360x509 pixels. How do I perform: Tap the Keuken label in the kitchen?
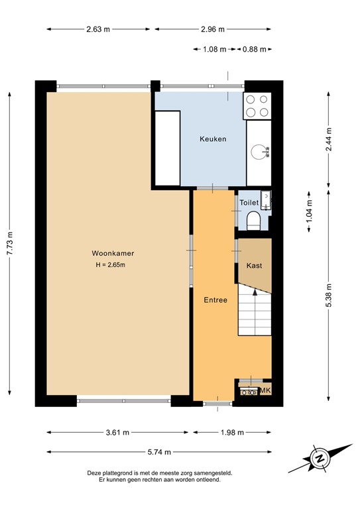[213, 139]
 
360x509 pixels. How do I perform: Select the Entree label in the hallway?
[215, 300]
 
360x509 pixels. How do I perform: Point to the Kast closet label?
[254, 265]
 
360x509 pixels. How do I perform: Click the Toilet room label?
[249, 202]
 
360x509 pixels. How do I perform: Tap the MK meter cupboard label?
[265, 390]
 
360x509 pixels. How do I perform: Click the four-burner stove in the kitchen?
[257, 105]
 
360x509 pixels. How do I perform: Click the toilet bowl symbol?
[253, 220]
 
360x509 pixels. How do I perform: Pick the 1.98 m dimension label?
[233, 432]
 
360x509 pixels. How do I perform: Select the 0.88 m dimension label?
[255, 49]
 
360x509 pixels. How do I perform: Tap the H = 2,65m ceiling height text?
[110, 265]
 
